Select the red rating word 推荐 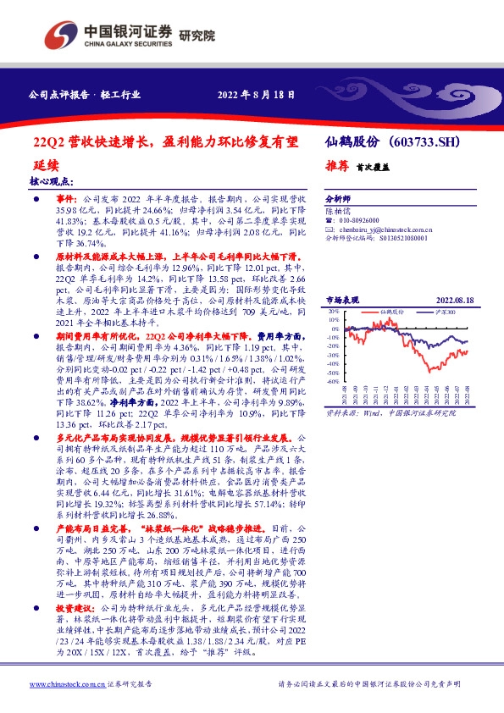[x=336, y=167]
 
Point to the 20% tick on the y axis [x=331, y=312]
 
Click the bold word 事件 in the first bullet [x=66, y=195]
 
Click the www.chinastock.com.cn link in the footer [x=63, y=684]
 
